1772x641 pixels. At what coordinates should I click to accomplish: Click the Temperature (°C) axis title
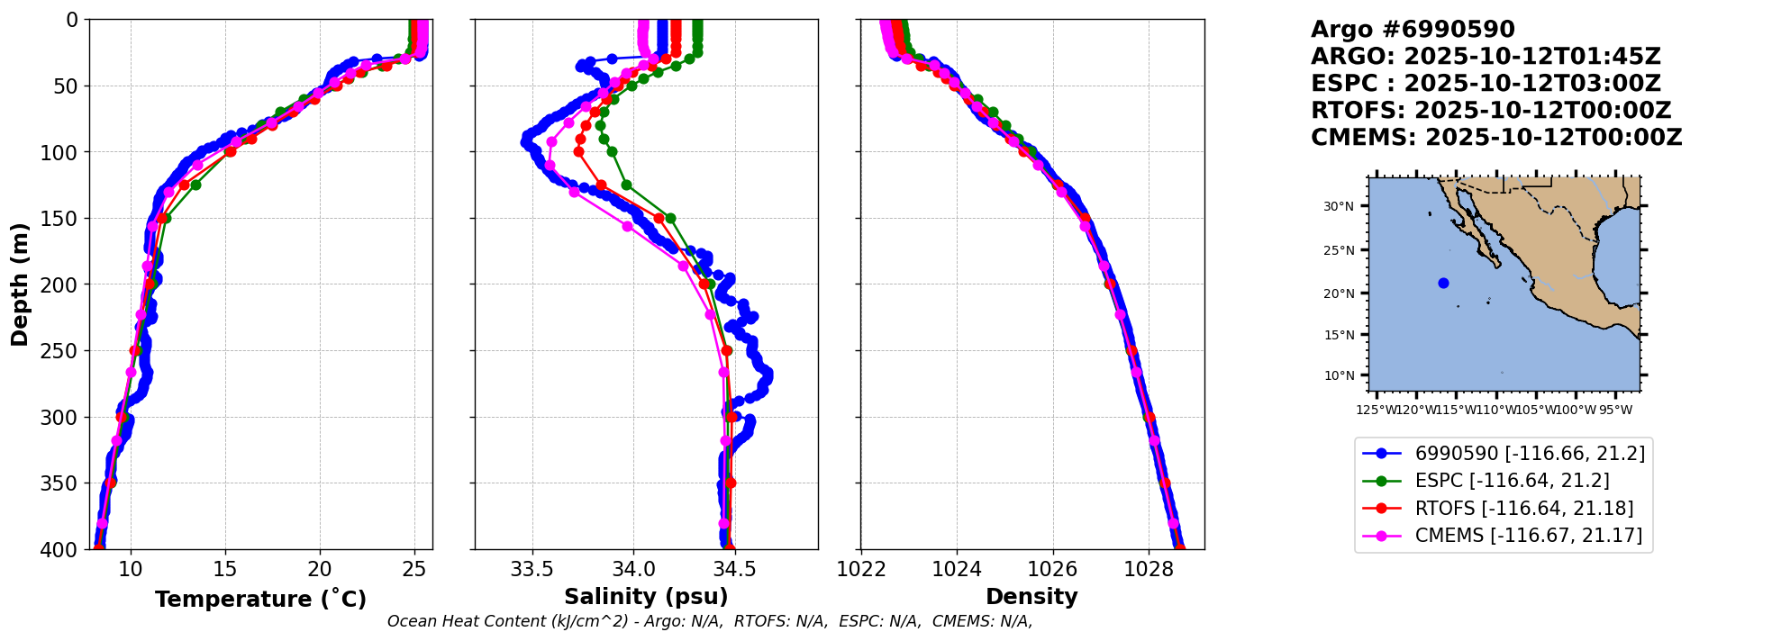tap(260, 600)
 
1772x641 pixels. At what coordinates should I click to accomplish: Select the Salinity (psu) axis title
tap(646, 597)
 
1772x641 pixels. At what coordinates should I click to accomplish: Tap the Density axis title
tap(1031, 597)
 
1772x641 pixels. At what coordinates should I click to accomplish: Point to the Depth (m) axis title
tap(20, 284)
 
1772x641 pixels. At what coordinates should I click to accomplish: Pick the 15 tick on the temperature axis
tap(225, 569)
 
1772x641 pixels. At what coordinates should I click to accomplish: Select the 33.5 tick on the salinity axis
tap(532, 569)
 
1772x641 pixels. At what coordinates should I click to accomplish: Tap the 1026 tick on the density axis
tap(1052, 569)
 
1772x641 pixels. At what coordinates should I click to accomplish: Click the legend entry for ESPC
tap(1512, 481)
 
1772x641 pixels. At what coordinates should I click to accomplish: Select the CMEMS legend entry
tap(1528, 536)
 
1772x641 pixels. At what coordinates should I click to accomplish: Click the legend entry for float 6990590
tap(1530, 454)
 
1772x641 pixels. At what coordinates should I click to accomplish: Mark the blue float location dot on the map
tap(1443, 283)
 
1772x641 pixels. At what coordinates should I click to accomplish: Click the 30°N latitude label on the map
tap(1338, 207)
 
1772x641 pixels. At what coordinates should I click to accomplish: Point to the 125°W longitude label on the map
tap(1376, 411)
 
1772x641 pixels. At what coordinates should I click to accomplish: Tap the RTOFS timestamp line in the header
tap(1491, 111)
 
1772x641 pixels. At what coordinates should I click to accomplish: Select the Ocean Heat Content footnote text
tap(709, 621)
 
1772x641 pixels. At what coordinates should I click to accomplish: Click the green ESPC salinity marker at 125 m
tap(626, 185)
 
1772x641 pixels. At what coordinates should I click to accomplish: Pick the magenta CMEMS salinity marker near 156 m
tap(627, 226)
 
